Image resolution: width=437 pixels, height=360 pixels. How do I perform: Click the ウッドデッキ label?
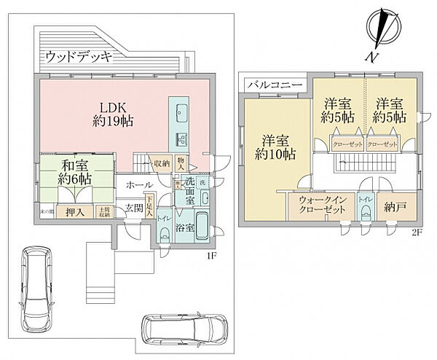(76, 56)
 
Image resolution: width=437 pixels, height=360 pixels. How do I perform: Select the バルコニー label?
(269, 85)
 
